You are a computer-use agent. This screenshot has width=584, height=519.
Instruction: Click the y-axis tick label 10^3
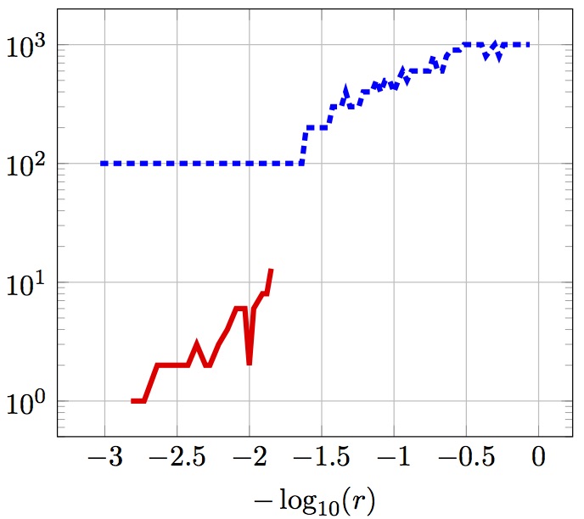[28, 46]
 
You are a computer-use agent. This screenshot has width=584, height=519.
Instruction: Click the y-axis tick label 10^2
[28, 165]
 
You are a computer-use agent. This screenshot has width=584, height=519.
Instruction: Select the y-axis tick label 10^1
[28, 283]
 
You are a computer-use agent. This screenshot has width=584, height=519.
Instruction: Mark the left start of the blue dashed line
[101, 163]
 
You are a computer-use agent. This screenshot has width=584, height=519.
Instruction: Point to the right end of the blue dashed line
[530, 44]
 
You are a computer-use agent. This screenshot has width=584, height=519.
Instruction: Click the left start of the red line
[132, 400]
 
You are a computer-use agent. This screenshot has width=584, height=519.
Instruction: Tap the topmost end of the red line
[271, 270]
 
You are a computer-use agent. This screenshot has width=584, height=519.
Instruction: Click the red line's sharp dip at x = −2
[250, 363]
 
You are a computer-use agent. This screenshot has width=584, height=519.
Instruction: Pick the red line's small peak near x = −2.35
[197, 343]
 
